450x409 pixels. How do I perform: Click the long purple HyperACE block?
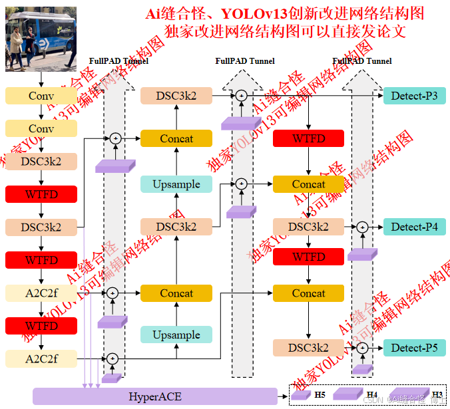pos(154,396)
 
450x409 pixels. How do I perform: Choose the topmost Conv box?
pos(41,96)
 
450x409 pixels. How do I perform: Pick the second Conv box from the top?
pos(41,128)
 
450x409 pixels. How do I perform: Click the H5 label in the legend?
pos(320,395)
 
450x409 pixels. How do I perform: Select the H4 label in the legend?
pos(371,395)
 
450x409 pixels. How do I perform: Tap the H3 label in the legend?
pos(437,395)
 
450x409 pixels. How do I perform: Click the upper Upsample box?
pos(176,184)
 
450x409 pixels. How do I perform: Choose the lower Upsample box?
pos(176,335)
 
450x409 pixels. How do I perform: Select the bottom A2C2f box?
pos(41,359)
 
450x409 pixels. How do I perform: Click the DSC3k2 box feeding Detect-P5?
pos(308,347)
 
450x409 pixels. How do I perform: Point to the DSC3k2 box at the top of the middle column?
pos(176,96)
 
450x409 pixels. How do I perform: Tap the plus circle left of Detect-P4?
pos(361,227)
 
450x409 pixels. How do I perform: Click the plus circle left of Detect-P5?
pos(361,347)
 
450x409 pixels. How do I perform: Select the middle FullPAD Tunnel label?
pos(244,61)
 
